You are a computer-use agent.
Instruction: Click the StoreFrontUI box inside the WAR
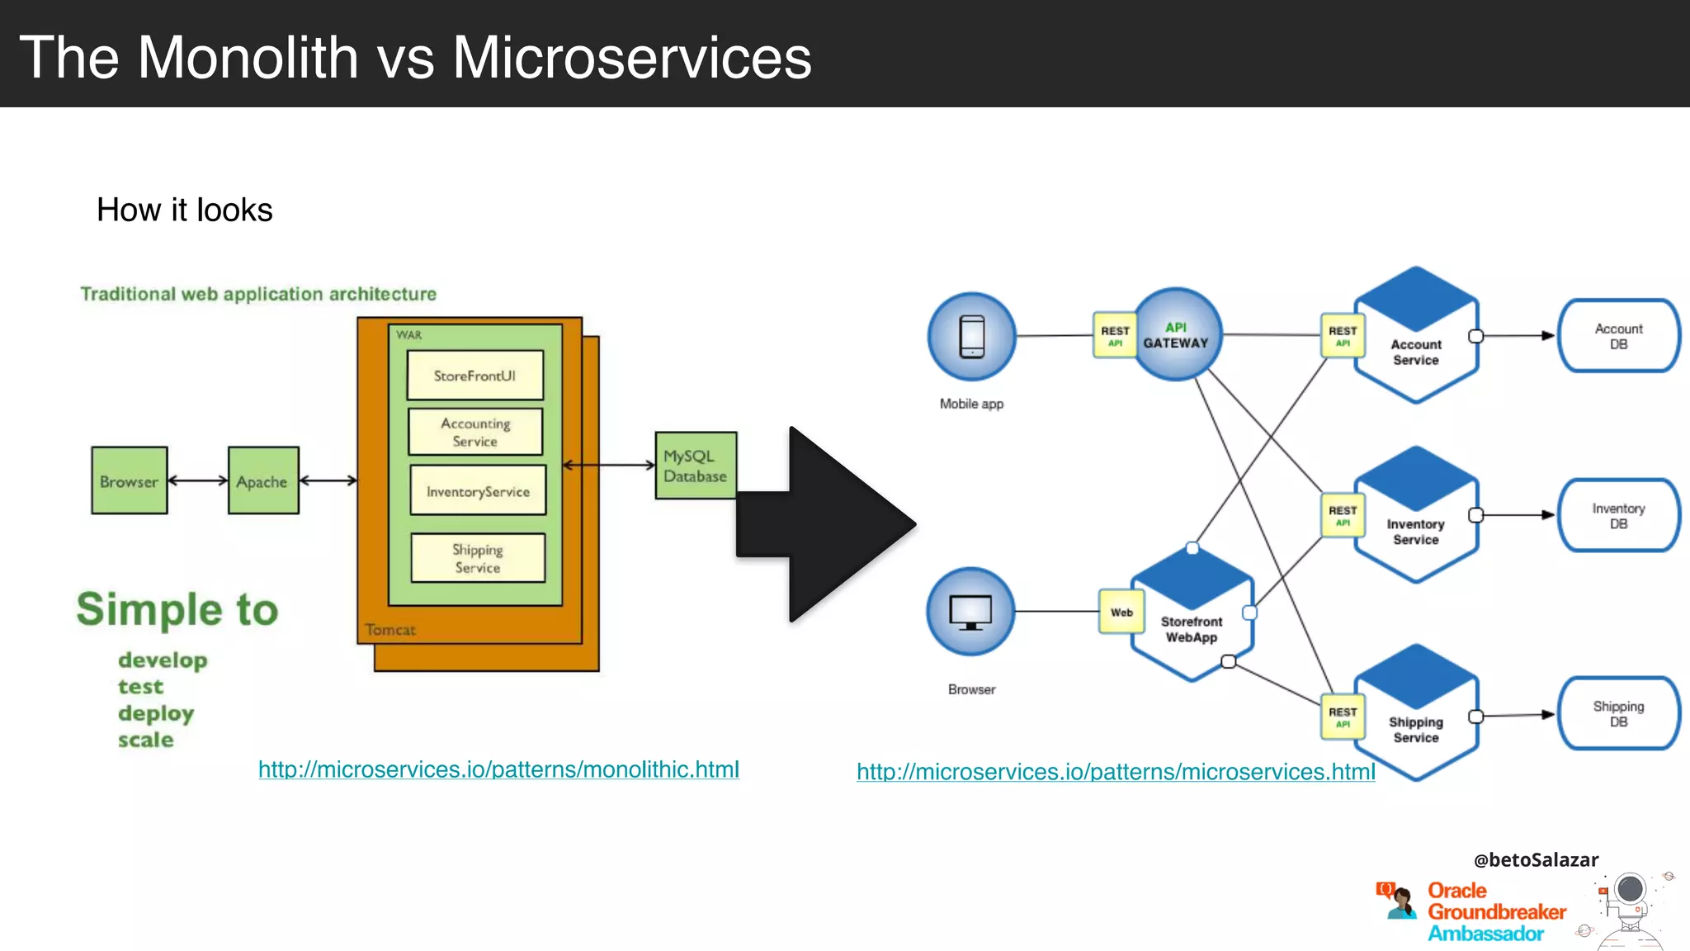pyautogui.click(x=474, y=376)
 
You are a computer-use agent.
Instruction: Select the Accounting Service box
pyautogui.click(x=475, y=432)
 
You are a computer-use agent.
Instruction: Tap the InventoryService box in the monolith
pyautogui.click(x=478, y=491)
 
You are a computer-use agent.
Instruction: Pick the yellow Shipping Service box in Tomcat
pyautogui.click(x=478, y=559)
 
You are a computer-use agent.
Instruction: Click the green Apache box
pyautogui.click(x=263, y=481)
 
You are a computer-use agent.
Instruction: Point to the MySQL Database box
pyautogui.click(x=696, y=466)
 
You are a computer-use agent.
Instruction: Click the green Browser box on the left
pyautogui.click(x=130, y=481)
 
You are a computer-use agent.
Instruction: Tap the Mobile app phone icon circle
pyautogui.click(x=971, y=337)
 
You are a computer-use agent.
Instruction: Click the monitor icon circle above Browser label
pyautogui.click(x=970, y=612)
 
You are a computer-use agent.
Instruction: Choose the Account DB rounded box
pyautogui.click(x=1618, y=336)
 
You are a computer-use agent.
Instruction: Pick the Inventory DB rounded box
pyautogui.click(x=1618, y=516)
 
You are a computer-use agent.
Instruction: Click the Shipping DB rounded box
pyautogui.click(x=1618, y=714)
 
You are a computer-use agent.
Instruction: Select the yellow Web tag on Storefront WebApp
pyautogui.click(x=1121, y=612)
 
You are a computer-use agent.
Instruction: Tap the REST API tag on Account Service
pyautogui.click(x=1342, y=336)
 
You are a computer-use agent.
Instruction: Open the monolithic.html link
pyautogui.click(x=498, y=769)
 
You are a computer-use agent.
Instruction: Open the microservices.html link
pyautogui.click(x=1116, y=772)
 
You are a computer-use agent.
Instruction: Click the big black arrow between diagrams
pyautogui.click(x=825, y=524)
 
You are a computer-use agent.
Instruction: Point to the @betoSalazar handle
pyautogui.click(x=1536, y=860)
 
